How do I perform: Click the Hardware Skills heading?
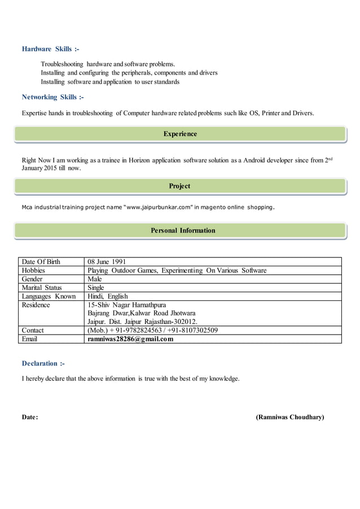tap(50, 50)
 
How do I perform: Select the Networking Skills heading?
tap(52, 98)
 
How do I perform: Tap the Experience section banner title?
tap(180, 134)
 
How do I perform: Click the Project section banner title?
tap(179, 186)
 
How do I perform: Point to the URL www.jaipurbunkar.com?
tap(160, 207)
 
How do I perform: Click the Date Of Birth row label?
tap(41, 262)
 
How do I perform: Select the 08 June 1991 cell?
tap(107, 262)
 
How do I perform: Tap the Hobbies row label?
tap(33, 271)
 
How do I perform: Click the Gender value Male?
tap(95, 279)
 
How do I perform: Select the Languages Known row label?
tap(49, 296)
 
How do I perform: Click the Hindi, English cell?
tap(108, 296)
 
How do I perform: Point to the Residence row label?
tap(36, 305)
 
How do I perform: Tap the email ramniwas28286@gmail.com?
tap(130, 339)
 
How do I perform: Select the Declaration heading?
tap(43, 363)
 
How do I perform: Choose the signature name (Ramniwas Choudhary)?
tap(289, 417)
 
